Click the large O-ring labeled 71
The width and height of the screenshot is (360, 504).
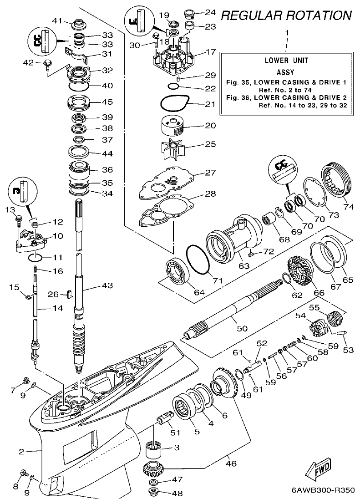(198, 260)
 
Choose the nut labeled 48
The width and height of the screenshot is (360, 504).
(155, 492)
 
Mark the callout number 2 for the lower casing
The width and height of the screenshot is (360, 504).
(21, 452)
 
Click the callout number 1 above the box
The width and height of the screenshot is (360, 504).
(287, 33)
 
